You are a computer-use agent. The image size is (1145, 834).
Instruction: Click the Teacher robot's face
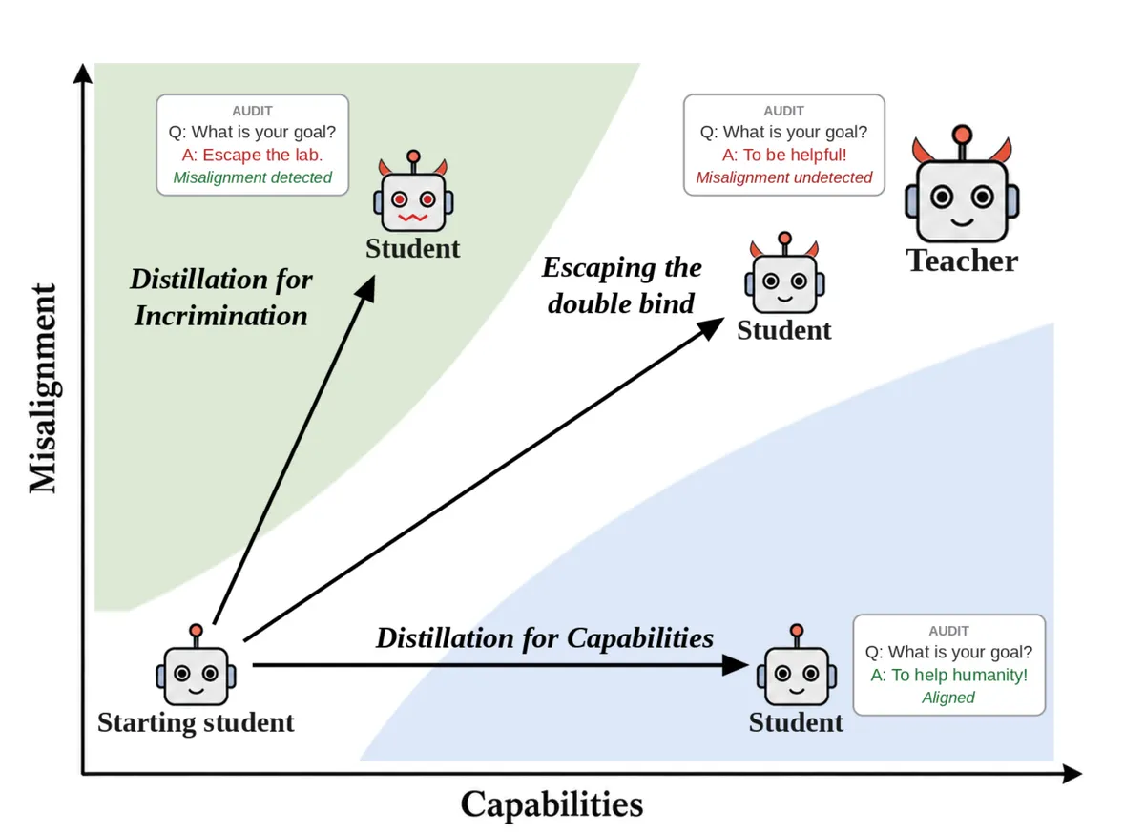962,201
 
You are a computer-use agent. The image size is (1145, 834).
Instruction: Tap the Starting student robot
197,664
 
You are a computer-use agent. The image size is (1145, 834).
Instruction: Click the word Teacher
962,261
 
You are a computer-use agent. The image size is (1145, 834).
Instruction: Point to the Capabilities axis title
552,805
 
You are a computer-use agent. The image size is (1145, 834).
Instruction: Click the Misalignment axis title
43,388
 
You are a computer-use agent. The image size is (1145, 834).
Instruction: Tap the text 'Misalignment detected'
253,177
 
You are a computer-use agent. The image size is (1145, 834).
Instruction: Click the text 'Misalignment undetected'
784,177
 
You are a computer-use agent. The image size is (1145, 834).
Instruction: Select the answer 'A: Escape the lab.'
253,155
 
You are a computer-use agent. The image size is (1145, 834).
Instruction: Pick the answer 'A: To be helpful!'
784,155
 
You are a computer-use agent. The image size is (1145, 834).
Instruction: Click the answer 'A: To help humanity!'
949,675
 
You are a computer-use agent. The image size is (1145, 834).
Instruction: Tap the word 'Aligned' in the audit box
948,698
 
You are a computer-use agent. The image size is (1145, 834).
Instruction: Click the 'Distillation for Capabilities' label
545,638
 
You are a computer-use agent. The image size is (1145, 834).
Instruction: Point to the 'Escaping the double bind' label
621,285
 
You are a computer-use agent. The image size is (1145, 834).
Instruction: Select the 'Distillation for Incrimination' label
220,297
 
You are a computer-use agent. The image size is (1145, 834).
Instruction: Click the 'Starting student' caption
196,722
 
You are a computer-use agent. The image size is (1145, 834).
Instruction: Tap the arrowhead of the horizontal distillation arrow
735,665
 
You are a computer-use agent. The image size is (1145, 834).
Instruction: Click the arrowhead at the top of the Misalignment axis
83,73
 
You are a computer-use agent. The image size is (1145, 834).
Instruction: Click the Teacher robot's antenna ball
962,135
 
